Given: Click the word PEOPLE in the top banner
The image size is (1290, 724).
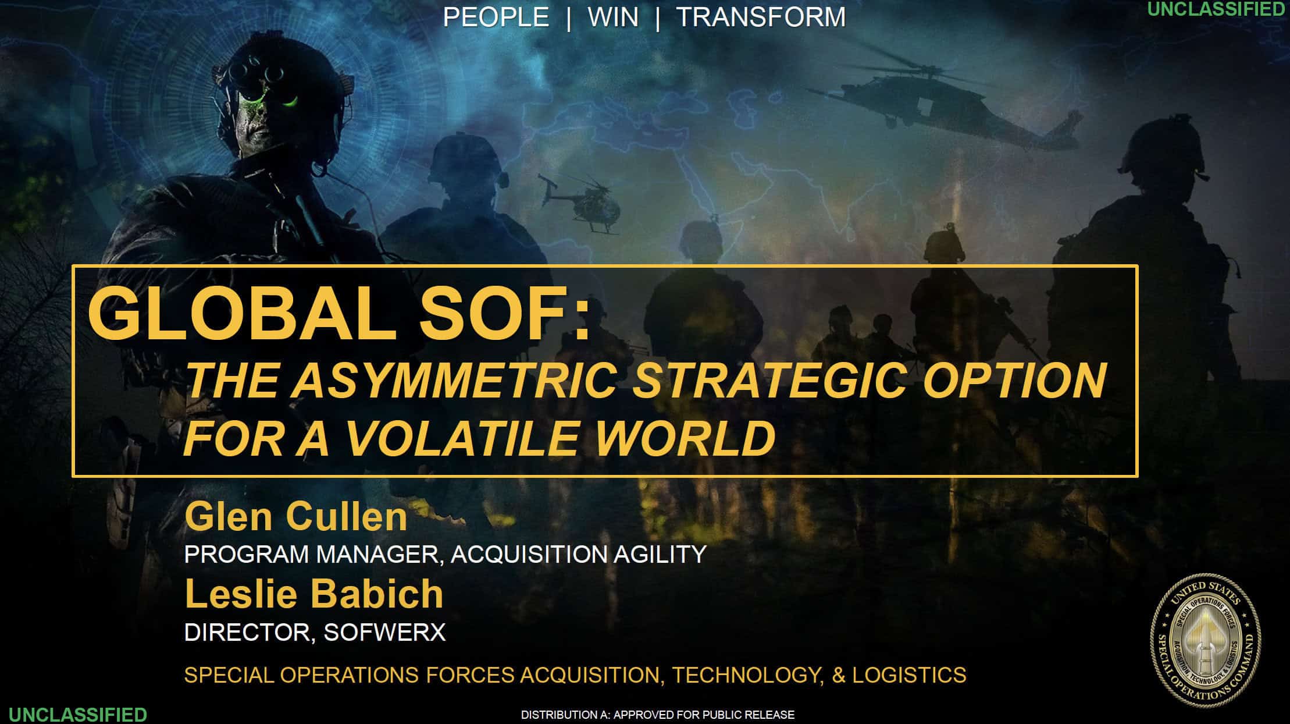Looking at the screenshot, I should pyautogui.click(x=496, y=17).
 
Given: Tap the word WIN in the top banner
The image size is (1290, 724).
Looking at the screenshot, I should pyautogui.click(x=613, y=17).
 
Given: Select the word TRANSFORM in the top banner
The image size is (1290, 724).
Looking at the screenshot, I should pyautogui.click(x=761, y=17).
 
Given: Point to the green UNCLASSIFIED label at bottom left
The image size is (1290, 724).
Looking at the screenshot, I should pyautogui.click(x=77, y=714).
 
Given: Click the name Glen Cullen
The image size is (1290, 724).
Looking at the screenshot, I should pyautogui.click(x=295, y=516).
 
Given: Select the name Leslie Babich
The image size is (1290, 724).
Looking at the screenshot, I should pyautogui.click(x=314, y=594).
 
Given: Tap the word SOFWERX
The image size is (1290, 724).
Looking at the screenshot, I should pyautogui.click(x=384, y=632).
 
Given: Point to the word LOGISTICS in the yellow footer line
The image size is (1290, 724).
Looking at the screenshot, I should pyautogui.click(x=909, y=675).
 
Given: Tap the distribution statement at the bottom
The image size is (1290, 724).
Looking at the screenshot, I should pyautogui.click(x=657, y=715).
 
